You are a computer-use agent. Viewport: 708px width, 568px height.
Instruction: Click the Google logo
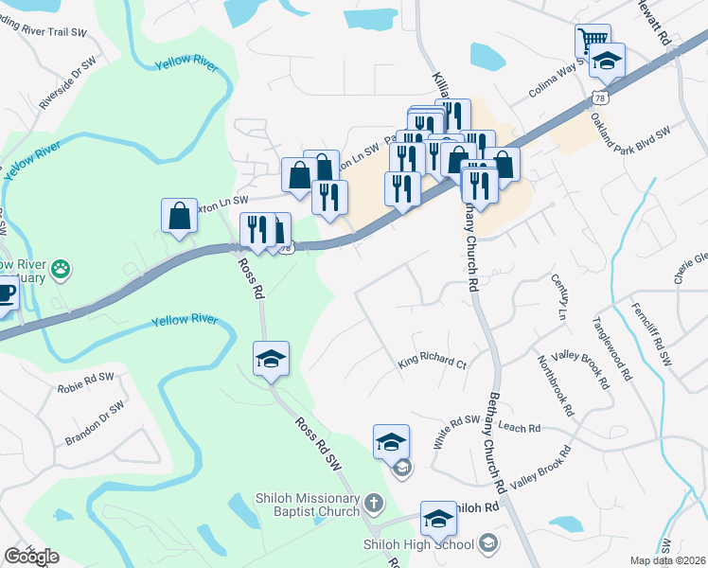coord(31,557)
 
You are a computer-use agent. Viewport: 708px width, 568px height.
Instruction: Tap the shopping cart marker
coord(593,42)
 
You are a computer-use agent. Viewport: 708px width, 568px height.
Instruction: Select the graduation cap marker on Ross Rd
coord(271,359)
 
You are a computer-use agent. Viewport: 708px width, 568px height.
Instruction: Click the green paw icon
coord(62,268)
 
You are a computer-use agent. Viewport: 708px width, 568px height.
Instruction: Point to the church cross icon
coord(374,503)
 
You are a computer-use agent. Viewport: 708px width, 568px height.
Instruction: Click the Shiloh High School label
coord(419,543)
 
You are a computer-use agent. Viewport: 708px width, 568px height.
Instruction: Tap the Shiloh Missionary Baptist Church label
coord(308,505)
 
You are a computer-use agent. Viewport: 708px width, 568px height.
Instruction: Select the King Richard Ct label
coord(433,363)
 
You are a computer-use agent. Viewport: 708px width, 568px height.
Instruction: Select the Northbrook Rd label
coord(555,386)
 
